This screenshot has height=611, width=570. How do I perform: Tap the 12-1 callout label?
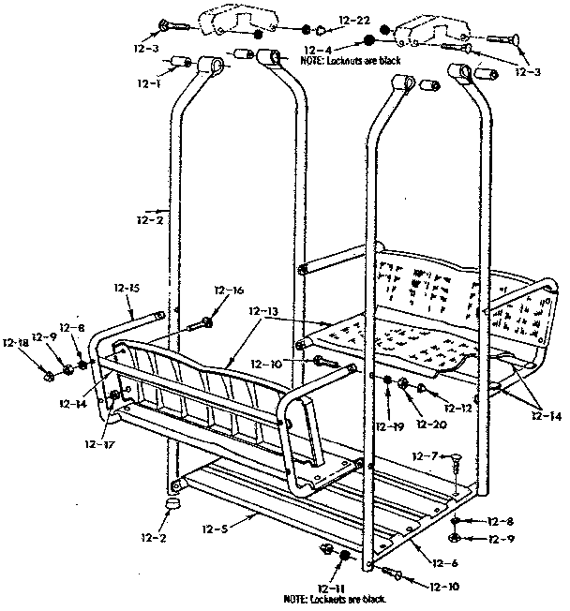(149, 82)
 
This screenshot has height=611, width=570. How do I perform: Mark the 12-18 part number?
(15, 343)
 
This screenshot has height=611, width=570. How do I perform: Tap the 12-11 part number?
(332, 586)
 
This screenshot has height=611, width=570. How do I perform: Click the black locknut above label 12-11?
(345, 556)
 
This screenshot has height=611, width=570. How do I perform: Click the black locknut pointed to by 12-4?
(369, 40)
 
